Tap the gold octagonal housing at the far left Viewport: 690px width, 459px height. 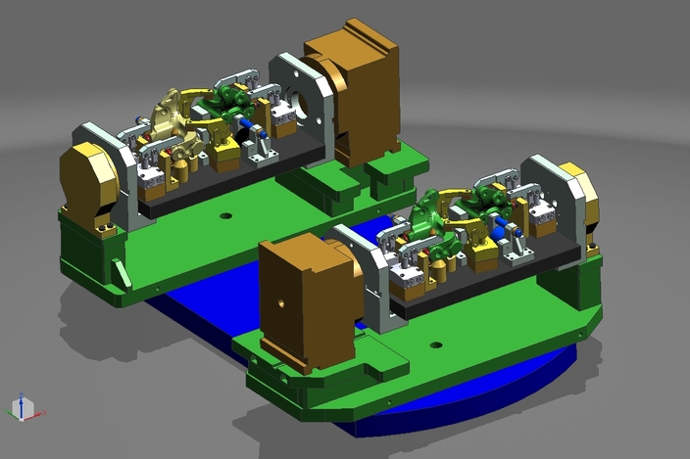point(88,186)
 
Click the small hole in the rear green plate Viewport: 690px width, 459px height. point(225,215)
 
